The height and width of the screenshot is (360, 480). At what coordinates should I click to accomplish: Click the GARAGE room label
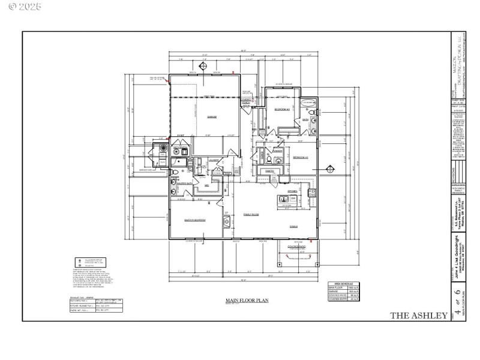click(x=211, y=116)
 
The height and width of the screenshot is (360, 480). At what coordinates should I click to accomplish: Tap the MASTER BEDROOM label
click(x=195, y=220)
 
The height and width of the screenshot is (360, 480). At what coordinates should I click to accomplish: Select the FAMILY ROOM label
click(x=250, y=214)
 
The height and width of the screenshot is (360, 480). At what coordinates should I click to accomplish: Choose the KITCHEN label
click(x=292, y=191)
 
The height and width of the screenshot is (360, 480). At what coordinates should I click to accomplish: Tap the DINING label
click(x=294, y=226)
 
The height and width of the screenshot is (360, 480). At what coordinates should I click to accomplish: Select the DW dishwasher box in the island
click(x=294, y=198)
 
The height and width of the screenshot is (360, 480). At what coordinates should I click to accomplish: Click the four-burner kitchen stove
click(x=311, y=193)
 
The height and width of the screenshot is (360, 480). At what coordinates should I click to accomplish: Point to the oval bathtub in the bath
click(x=307, y=103)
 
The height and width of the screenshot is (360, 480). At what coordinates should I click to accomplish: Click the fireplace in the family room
click(x=227, y=223)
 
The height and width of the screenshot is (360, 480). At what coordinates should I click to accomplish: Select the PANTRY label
click(x=269, y=170)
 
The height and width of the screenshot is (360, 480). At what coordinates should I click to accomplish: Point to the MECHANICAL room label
click(x=206, y=186)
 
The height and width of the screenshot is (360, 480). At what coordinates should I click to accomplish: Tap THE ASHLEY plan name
click(x=419, y=315)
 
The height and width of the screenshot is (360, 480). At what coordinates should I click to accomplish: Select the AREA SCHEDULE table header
click(x=342, y=284)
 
